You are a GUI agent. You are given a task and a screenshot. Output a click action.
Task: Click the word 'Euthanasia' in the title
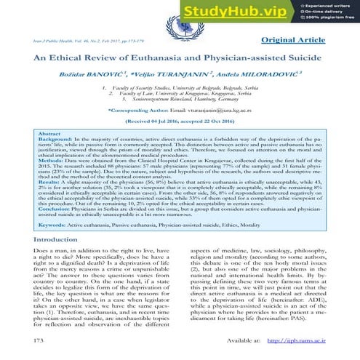coord(149,60)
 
